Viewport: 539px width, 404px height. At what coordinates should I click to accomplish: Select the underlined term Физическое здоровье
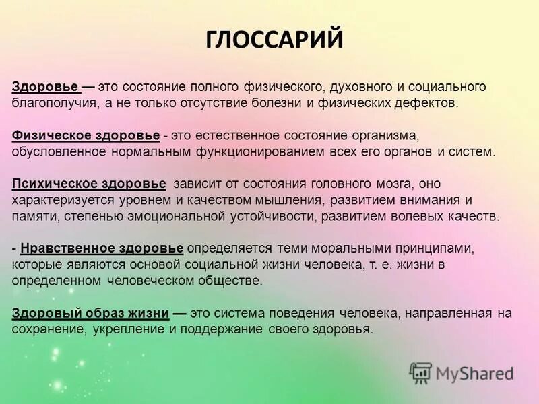click(x=86, y=136)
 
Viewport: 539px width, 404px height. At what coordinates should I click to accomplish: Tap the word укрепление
click(x=124, y=330)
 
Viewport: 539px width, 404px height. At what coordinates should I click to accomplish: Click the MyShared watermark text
click(x=475, y=372)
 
